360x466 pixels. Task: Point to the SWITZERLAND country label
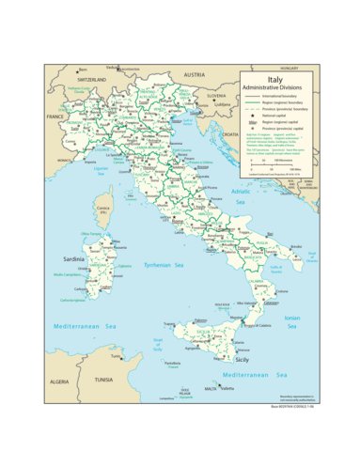pos(92,81)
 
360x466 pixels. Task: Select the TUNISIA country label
pos(102,380)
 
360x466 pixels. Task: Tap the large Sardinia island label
pos(73,256)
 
